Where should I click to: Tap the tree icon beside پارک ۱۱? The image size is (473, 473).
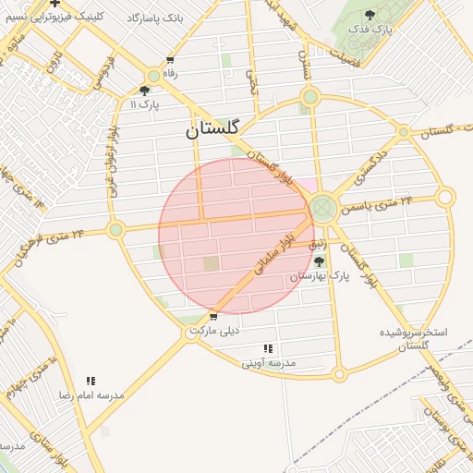144,91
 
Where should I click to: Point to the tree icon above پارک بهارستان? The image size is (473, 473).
320,261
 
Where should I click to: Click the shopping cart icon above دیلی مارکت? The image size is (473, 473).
214,316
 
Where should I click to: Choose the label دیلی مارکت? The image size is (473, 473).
214,330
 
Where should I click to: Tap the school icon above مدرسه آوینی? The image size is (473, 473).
268,348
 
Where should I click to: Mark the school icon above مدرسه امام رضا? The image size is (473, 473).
91,381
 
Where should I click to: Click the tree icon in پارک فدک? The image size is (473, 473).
370,15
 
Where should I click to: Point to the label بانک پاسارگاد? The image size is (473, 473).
199,18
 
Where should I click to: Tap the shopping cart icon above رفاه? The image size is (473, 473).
169,60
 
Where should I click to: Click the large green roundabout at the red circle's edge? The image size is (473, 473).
322,207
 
